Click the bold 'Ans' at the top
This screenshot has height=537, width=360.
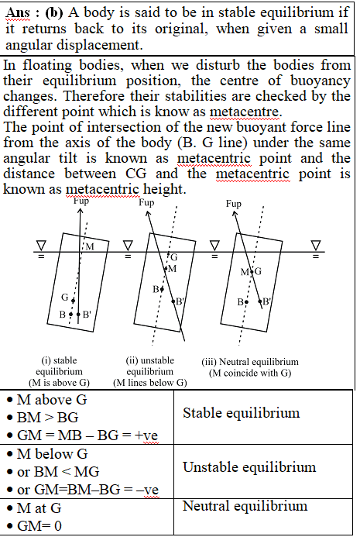point(18,13)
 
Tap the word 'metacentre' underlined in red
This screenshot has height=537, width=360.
point(245,112)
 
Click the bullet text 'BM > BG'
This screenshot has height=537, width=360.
point(47,417)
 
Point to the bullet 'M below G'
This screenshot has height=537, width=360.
point(53,454)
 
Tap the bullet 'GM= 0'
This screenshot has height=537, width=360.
point(39,525)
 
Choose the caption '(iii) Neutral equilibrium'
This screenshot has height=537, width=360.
point(250,362)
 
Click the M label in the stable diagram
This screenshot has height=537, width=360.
point(90,246)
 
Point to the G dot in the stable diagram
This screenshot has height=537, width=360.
point(73,301)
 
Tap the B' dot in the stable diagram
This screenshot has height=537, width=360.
point(78,314)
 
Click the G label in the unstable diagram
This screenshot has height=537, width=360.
point(174,257)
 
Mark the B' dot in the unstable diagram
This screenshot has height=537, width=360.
point(173,301)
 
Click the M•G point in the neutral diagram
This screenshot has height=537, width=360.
point(252,272)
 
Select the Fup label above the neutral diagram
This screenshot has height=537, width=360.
point(233,204)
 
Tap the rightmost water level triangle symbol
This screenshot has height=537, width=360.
point(316,245)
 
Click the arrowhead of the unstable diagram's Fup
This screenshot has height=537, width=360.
point(148,214)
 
